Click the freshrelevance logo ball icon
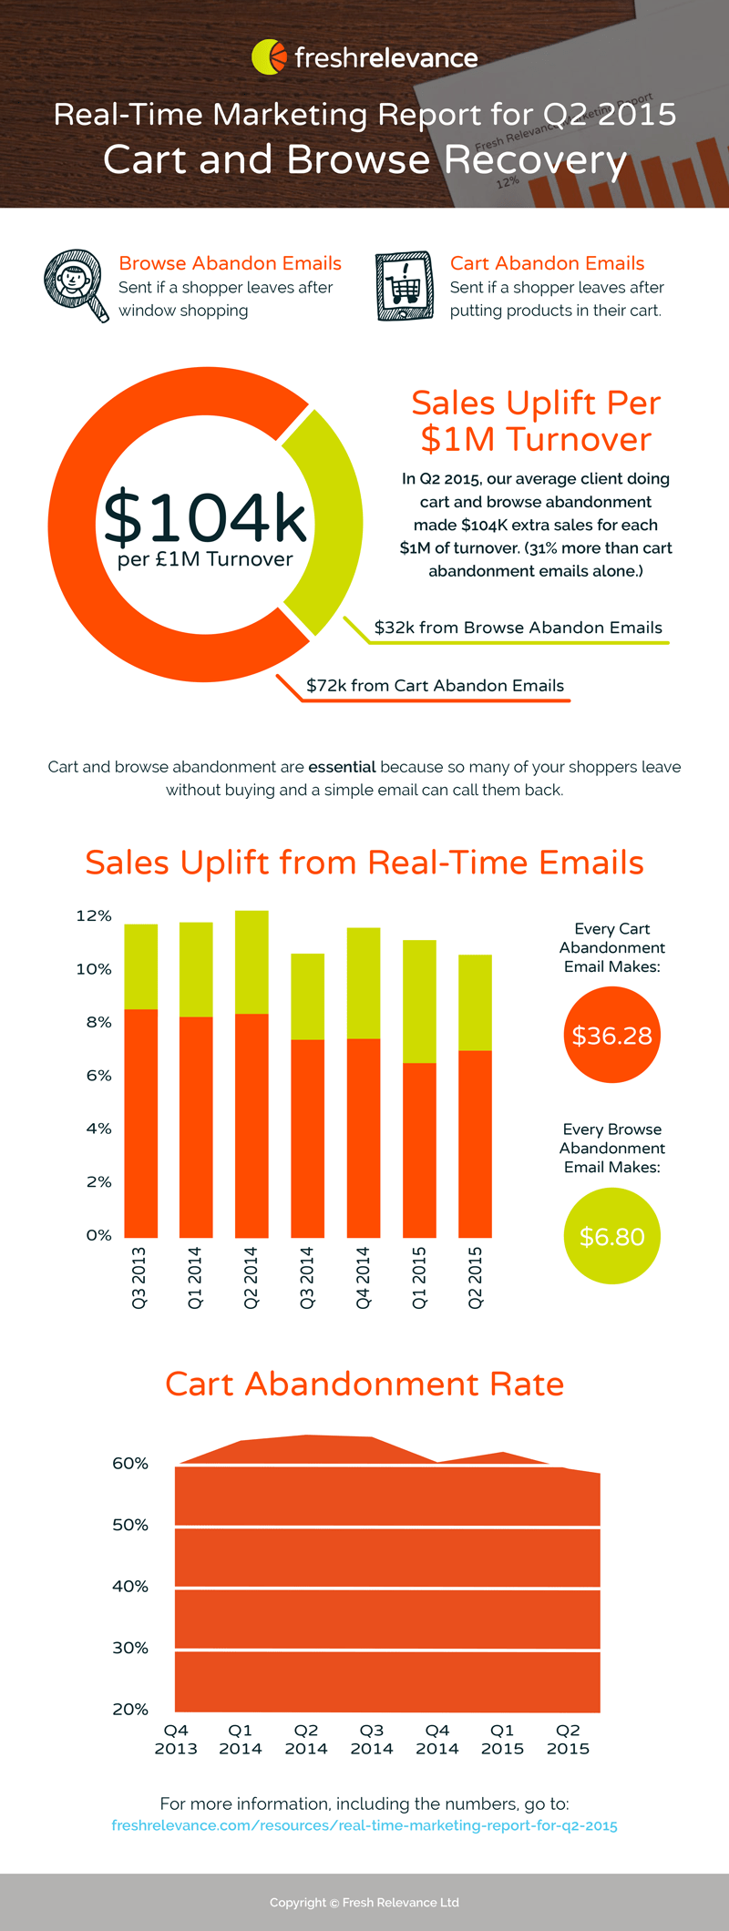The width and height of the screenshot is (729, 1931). (x=268, y=56)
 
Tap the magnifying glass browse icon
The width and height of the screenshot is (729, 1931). (x=75, y=283)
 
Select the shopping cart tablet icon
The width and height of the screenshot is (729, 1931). (x=404, y=286)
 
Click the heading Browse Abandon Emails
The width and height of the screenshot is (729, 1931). (x=230, y=263)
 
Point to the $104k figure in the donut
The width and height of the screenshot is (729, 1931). (x=205, y=516)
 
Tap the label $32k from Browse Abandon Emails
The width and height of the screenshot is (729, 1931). (x=518, y=628)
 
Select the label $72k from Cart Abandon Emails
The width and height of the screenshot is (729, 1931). (x=435, y=686)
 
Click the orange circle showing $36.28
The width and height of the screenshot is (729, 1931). (x=611, y=1036)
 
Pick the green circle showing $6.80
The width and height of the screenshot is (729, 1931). (x=611, y=1237)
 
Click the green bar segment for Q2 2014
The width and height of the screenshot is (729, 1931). (x=252, y=962)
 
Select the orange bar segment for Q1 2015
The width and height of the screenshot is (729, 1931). (x=419, y=1149)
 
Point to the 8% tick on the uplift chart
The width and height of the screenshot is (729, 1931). (x=98, y=1022)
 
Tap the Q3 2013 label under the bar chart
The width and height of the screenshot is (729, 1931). (x=139, y=1278)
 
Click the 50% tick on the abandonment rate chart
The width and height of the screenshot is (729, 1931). (x=129, y=1525)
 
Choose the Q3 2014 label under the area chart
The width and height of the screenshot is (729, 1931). (x=372, y=1739)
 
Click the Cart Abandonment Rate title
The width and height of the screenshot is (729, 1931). (x=364, y=1384)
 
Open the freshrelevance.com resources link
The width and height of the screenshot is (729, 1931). (x=364, y=1825)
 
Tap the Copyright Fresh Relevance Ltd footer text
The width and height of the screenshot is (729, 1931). (x=364, y=1902)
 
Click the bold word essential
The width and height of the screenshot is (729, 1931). (x=342, y=767)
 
